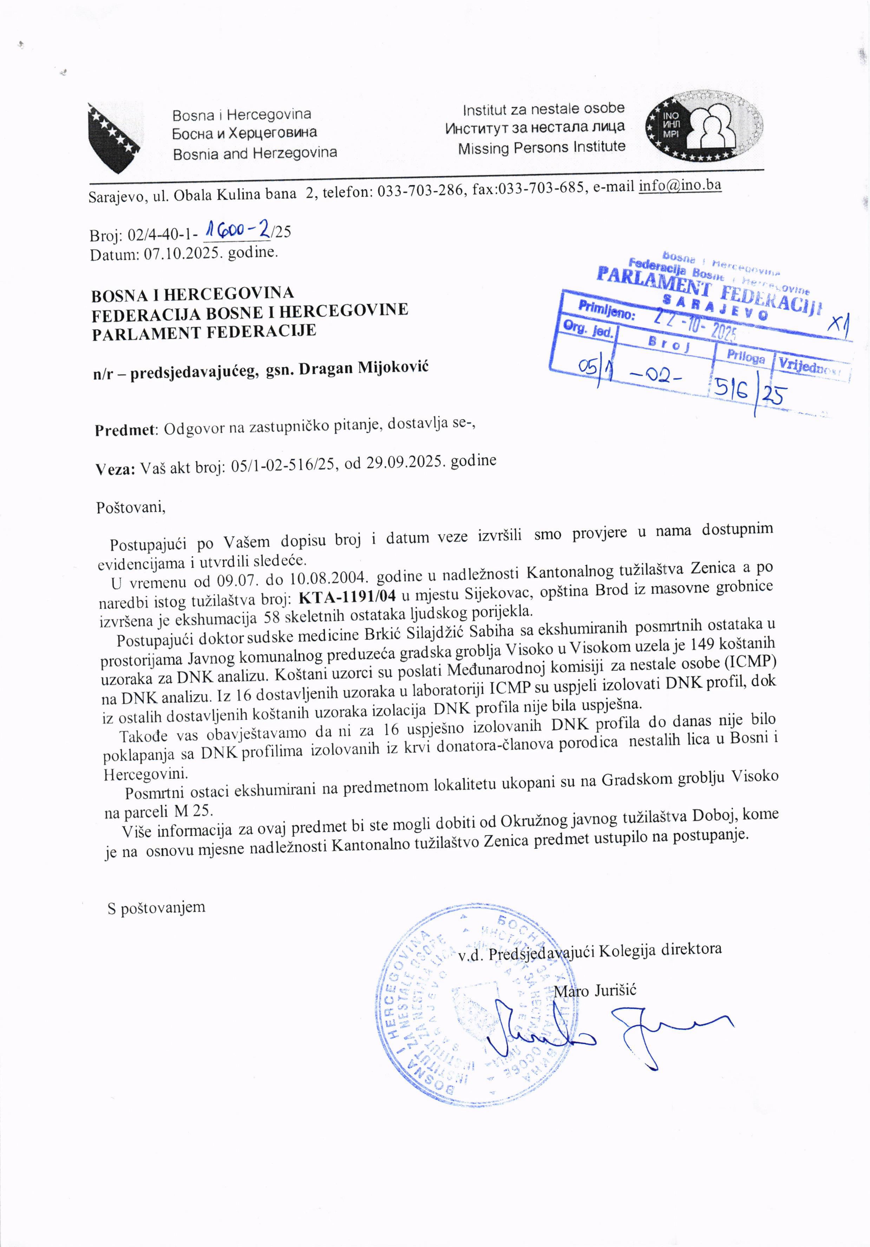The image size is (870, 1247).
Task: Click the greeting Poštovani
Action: pyautogui.click(x=130, y=507)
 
